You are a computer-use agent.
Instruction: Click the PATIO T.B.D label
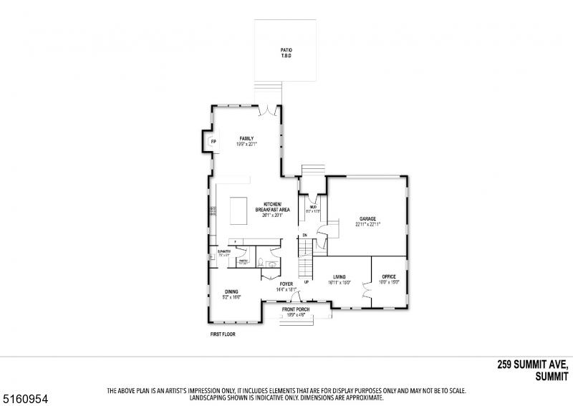pos(286,52)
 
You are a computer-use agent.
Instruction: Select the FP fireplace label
pos(213,142)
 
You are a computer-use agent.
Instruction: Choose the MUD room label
pos(313,207)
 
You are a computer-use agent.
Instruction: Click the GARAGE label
pos(368,218)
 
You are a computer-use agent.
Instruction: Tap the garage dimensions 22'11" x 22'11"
pos(368,224)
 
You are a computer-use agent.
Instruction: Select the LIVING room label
pos(340,276)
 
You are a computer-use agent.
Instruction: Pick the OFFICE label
pos(389,276)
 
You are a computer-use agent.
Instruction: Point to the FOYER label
pos(286,284)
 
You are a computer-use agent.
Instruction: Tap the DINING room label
pos(231,291)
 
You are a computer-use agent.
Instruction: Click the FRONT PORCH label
pos(296,309)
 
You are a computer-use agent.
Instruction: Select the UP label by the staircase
pos(307,282)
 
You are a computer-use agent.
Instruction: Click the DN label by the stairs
pos(304,235)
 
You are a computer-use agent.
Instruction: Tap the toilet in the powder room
pos(261,261)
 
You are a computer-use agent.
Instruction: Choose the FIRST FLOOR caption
pos(222,334)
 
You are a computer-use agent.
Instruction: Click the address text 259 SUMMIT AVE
pos(533,364)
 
